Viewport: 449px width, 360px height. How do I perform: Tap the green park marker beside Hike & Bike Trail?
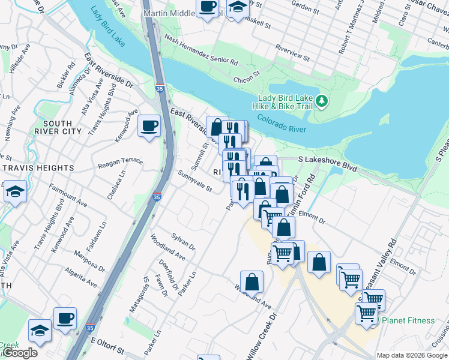click(322, 101)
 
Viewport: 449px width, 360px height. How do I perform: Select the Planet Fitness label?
click(408, 320)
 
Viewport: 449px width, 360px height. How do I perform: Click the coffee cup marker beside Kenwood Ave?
click(149, 126)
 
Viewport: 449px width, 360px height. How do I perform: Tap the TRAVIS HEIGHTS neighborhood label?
click(37, 168)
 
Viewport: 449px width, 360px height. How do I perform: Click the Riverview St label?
click(292, 53)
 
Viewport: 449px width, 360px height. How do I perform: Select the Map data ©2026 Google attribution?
click(412, 355)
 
